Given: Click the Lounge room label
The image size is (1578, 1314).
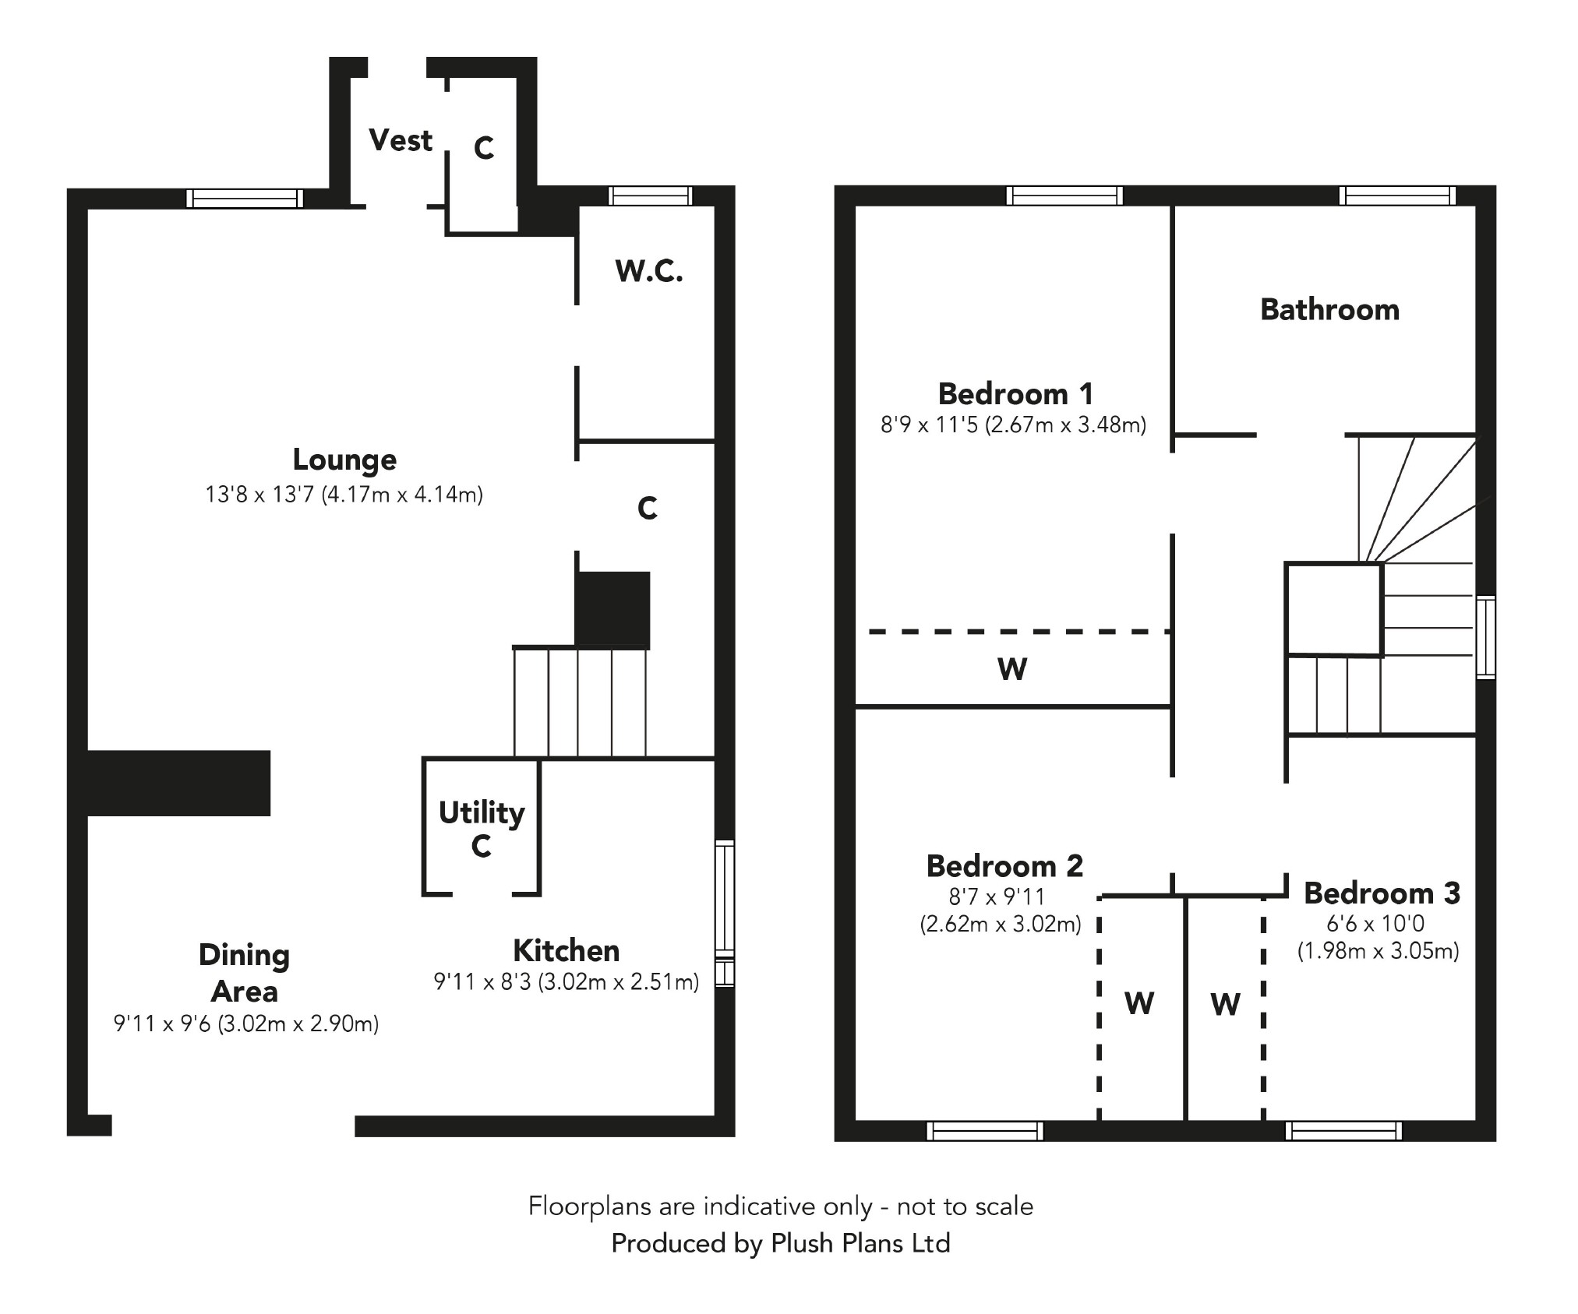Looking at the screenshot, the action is coord(344,460).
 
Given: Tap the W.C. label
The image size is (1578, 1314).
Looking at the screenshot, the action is coord(648,271).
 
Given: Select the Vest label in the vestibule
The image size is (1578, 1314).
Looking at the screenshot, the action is coord(400,141).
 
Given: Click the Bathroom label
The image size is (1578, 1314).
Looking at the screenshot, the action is coord(1329,310).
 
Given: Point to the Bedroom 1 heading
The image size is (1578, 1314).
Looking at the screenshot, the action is coord(1015,394).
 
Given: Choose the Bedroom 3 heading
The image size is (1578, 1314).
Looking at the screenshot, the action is coord(1382,893).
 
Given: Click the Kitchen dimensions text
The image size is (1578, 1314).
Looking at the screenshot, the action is coord(566,982).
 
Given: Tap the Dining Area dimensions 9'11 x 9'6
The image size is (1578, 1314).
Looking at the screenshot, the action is coord(246,1023).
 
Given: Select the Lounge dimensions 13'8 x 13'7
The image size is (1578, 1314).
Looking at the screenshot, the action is coord(344,495).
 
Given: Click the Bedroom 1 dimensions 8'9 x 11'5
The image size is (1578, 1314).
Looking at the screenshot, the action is coord(1013,425).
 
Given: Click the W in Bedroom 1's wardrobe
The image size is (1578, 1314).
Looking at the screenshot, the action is coord(1012,669).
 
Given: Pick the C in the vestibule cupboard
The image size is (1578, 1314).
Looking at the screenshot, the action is coord(484,148).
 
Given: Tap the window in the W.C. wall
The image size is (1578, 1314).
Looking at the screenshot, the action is coord(650,196).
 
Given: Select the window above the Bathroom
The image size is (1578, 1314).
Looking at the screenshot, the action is coord(1397,196).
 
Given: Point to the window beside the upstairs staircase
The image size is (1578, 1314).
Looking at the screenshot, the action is coord(1486,637).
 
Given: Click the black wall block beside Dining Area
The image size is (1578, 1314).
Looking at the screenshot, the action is coord(178,783).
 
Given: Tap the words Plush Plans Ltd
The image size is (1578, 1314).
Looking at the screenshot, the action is coord(860,1243).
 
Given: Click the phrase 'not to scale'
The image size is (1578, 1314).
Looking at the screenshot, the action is coord(965,1207).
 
